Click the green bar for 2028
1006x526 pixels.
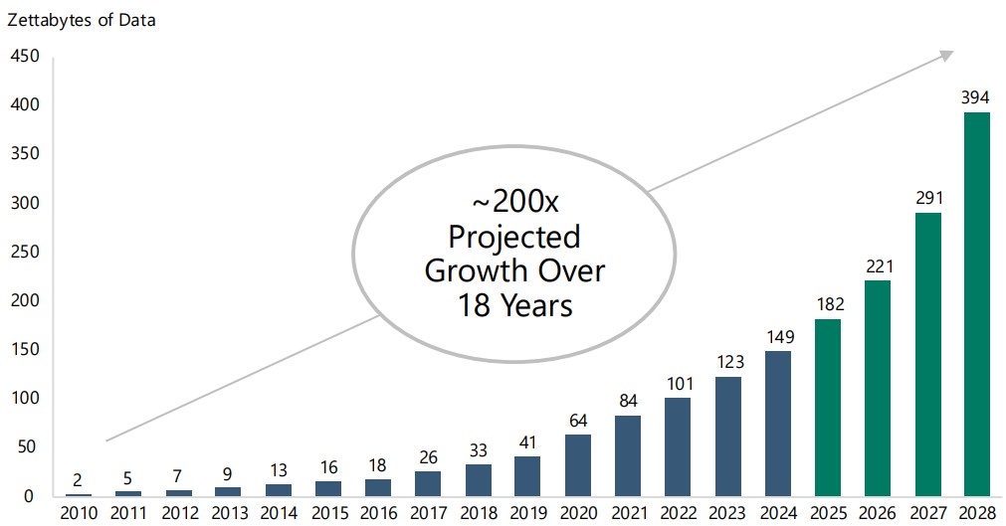(976, 303)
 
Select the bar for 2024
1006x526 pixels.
(777, 423)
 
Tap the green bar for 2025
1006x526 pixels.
(827, 407)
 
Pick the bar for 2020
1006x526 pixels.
(578, 464)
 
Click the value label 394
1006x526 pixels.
(975, 97)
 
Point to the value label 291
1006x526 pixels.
(926, 198)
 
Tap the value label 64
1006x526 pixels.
(578, 420)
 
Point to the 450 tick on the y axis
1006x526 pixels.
(24, 57)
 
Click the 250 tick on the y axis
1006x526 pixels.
(24, 253)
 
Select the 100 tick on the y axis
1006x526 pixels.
(24, 399)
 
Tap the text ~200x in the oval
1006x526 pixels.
(514, 204)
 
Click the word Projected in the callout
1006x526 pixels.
(514, 237)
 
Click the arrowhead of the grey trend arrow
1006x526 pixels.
(946, 56)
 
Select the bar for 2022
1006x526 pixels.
(678, 446)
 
